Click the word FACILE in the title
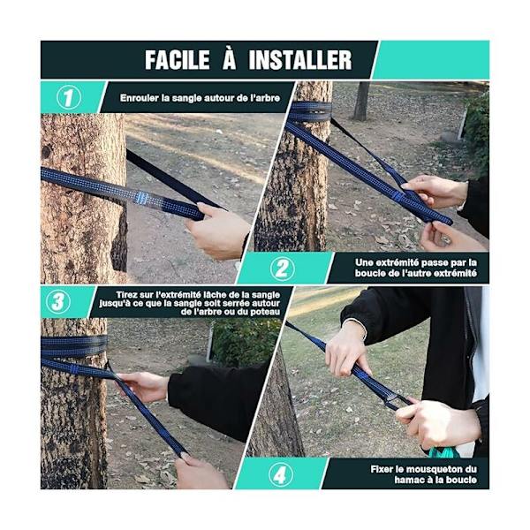click(x=178, y=60)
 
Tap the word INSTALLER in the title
click(x=300, y=60)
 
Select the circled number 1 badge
click(x=69, y=97)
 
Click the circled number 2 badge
click(x=283, y=269)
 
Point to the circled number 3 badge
click(x=58, y=301)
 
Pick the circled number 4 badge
click(x=280, y=475)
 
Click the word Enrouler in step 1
click(x=140, y=98)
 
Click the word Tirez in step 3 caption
click(x=126, y=295)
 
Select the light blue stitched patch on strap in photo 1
click(x=141, y=197)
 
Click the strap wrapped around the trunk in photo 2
click(x=310, y=112)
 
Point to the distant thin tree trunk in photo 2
click(x=361, y=101)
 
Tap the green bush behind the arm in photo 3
click(x=245, y=341)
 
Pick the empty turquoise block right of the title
click(x=431, y=60)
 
